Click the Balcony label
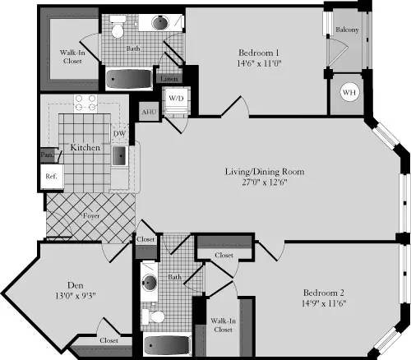(345, 30)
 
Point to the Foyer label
(92, 216)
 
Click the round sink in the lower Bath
(150, 284)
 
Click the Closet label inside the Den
(109, 339)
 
